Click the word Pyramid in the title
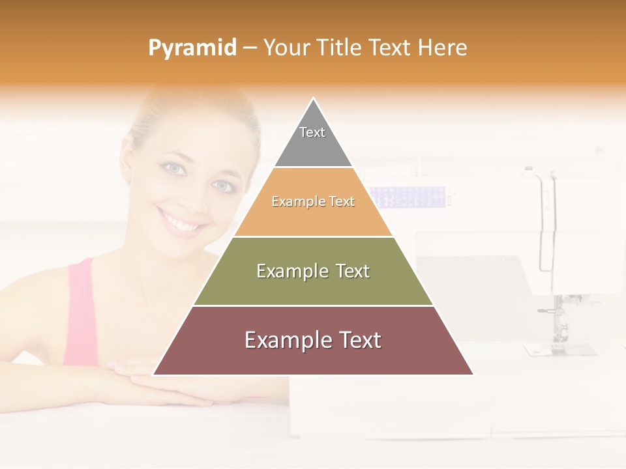coord(192,48)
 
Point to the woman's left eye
coord(222,186)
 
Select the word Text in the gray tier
coord(312,132)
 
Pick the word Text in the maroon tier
coord(352,340)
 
